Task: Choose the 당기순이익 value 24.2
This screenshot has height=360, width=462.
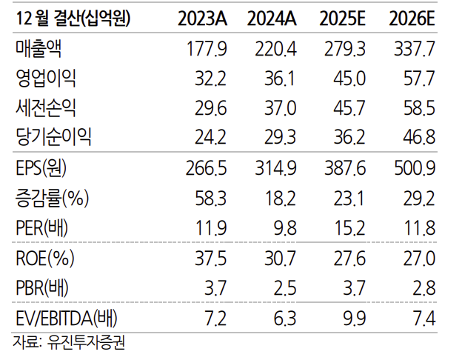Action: (x=210, y=138)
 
